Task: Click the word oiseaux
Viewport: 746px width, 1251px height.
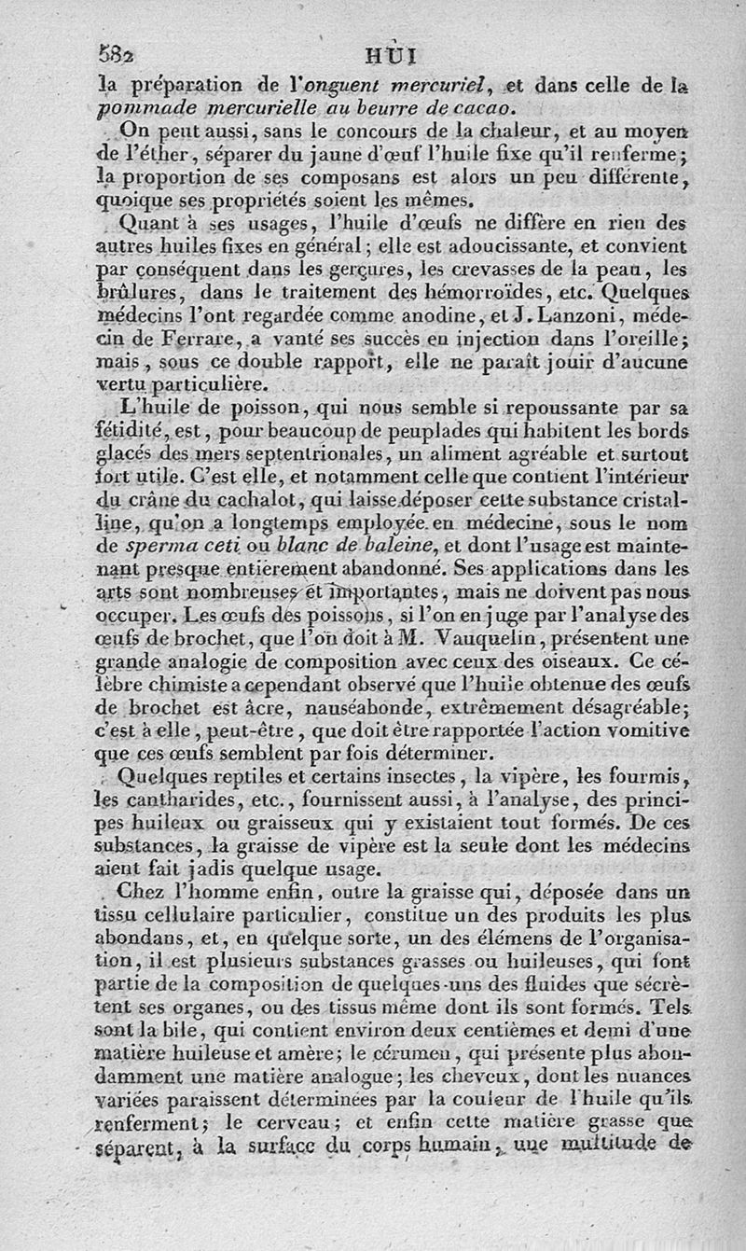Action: [569, 663]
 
